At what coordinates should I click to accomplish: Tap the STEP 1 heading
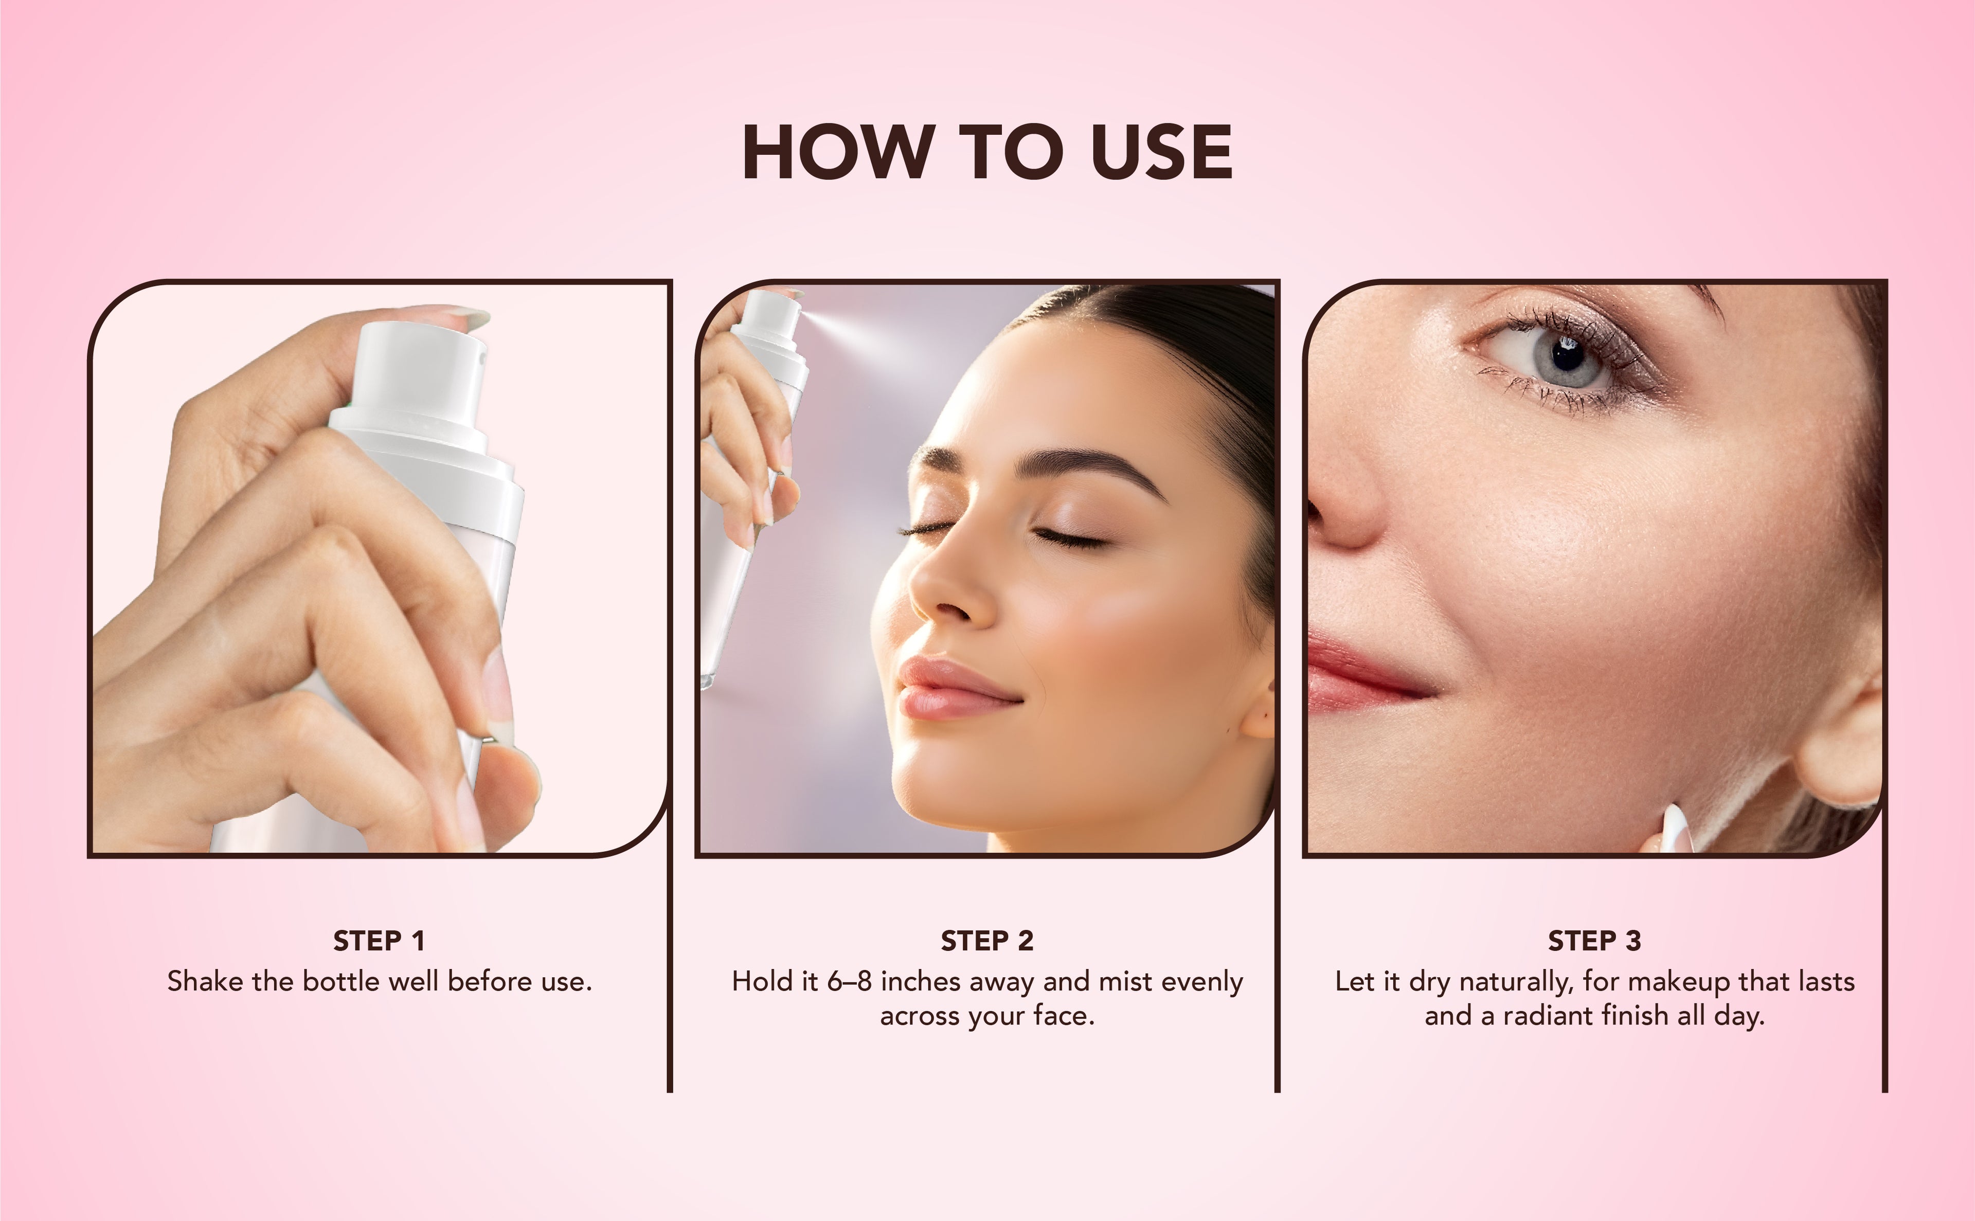tap(379, 941)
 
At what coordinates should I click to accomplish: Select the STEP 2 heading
tap(986, 941)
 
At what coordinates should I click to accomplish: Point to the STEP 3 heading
tap(1595, 941)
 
